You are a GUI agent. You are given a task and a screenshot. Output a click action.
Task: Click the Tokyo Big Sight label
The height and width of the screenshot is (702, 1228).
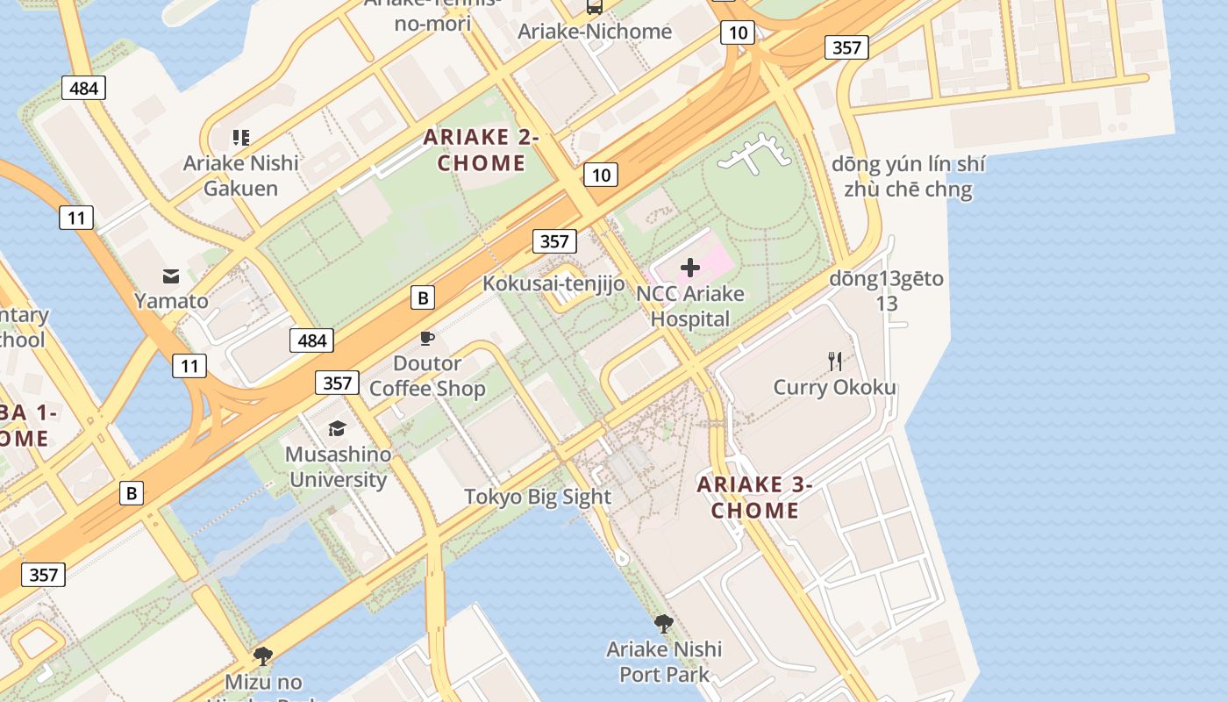[538, 497]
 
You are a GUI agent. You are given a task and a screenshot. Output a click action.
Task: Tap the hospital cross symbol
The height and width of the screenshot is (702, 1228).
[690, 268]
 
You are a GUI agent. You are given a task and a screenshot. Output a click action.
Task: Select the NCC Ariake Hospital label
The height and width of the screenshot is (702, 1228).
[690, 306]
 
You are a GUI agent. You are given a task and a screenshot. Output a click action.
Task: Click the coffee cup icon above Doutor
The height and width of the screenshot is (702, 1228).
[427, 338]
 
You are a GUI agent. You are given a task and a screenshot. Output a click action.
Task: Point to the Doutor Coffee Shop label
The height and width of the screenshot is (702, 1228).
[427, 376]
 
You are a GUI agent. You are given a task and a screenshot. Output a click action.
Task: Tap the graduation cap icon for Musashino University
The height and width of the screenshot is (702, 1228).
[337, 428]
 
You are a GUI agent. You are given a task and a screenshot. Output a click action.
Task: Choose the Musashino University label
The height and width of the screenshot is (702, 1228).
[338, 467]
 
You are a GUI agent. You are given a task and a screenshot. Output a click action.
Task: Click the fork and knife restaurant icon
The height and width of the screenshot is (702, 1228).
[835, 361]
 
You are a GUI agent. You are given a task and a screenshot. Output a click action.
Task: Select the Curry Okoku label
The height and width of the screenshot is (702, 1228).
[834, 387]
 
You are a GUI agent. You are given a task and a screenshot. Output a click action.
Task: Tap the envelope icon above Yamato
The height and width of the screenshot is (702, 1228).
[171, 276]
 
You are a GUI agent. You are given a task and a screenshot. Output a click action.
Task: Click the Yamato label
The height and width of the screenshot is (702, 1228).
[171, 301]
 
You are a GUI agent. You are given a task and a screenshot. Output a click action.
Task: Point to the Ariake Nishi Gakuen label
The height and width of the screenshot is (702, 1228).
[240, 175]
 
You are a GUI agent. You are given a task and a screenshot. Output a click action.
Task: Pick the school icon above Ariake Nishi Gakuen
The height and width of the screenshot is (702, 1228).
[240, 138]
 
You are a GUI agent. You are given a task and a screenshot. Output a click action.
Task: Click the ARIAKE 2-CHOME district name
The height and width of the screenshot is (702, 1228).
[481, 150]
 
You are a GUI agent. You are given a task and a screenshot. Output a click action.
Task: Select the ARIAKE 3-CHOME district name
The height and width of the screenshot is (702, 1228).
[754, 498]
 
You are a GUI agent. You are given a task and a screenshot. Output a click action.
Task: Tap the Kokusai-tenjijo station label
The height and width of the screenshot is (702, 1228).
[553, 283]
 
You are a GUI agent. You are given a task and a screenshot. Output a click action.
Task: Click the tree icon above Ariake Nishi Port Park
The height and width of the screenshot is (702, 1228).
[664, 624]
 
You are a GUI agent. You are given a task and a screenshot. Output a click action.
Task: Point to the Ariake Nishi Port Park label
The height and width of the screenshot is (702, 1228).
[664, 662]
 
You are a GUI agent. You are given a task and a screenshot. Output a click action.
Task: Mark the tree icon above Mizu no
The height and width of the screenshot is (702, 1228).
[262, 656]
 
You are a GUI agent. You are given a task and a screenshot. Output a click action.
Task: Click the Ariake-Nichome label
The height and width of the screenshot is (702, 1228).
[595, 32]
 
